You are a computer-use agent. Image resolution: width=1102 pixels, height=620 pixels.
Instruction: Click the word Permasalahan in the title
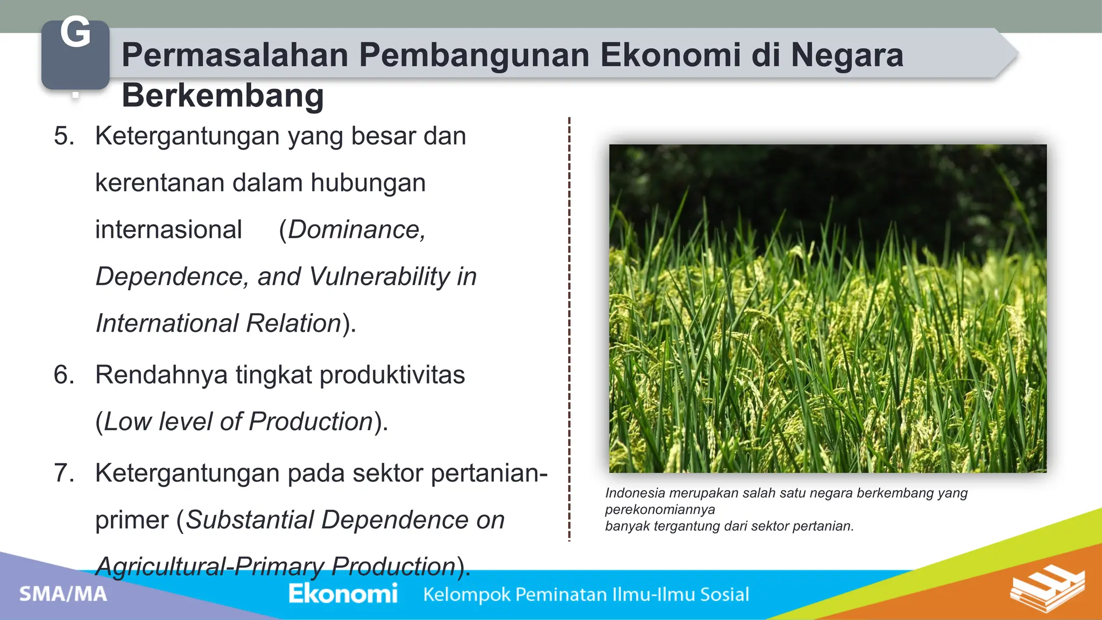235,55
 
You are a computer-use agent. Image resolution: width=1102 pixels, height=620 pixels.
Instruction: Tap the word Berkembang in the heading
223,96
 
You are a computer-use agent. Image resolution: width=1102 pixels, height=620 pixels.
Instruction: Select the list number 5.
64,136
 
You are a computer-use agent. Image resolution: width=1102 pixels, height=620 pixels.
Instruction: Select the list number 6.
64,375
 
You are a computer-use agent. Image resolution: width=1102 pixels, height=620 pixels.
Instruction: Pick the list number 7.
64,474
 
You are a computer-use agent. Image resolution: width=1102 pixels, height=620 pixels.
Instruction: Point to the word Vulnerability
379,277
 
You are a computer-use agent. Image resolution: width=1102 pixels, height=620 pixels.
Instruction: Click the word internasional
168,230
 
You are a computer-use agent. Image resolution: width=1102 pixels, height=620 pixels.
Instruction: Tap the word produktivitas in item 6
392,375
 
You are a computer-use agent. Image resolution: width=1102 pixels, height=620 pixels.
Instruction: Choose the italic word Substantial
250,520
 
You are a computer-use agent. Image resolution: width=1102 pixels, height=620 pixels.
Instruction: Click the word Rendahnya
161,375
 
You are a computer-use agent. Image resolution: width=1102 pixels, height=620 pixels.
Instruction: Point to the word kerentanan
159,183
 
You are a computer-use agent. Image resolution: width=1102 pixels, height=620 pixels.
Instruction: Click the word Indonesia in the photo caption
634,493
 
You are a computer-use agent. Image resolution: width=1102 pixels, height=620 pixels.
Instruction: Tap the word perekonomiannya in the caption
660,510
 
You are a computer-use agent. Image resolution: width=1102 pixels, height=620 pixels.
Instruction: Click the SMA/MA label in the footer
63,594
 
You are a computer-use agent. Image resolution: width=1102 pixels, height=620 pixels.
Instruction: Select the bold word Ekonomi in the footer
343,594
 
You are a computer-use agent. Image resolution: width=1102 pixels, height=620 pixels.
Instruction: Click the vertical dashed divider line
569,328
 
